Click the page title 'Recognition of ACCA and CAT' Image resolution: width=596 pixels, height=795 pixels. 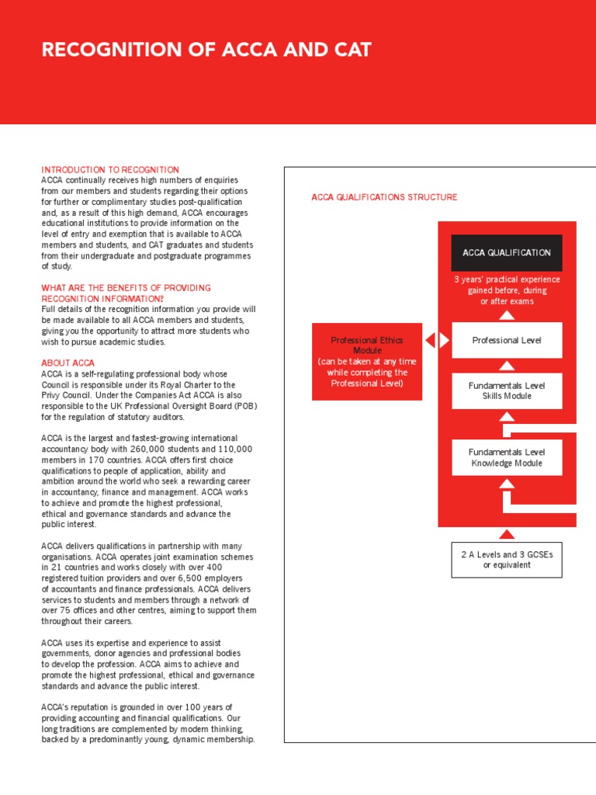pyautogui.click(x=206, y=50)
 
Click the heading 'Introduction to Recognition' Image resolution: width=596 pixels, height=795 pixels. pyautogui.click(x=110, y=169)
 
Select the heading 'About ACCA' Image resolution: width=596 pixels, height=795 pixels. pyautogui.click(x=68, y=363)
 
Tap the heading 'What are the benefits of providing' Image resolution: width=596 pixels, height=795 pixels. pyautogui.click(x=126, y=288)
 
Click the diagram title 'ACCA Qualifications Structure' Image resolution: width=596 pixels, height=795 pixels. pyautogui.click(x=384, y=197)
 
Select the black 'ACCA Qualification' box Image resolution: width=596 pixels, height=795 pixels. pyautogui.click(x=507, y=252)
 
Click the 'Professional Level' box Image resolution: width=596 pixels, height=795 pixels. pyautogui.click(x=507, y=340)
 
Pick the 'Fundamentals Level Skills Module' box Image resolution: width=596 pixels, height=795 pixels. pyautogui.click(x=507, y=391)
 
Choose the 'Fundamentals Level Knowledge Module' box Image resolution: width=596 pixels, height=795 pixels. pyautogui.click(x=507, y=457)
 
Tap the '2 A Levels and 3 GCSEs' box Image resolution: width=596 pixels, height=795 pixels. pyautogui.click(x=507, y=559)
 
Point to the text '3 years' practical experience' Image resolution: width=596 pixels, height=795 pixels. pyautogui.click(x=507, y=279)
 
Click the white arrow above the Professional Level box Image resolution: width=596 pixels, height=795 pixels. pyautogui.click(x=507, y=314)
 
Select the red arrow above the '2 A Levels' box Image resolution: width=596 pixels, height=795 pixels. pyautogui.click(x=507, y=533)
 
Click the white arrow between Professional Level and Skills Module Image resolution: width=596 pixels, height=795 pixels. pyautogui.click(x=507, y=365)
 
